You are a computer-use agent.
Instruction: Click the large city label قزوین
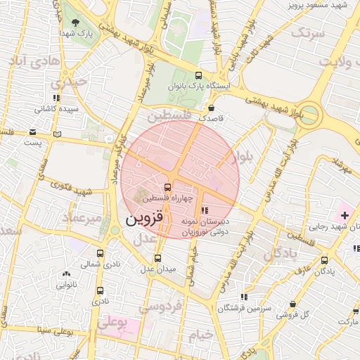point(145,219)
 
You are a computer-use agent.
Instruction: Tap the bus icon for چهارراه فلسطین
point(167,187)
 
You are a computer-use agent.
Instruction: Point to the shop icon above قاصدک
point(212,108)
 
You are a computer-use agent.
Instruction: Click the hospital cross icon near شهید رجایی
point(345,213)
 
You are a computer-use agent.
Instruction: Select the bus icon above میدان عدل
point(157,258)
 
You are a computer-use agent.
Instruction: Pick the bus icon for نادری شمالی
point(100,254)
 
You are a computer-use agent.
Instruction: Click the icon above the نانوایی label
point(66,274)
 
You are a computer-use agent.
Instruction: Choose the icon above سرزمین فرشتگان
point(243,297)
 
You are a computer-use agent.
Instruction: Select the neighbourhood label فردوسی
point(160,306)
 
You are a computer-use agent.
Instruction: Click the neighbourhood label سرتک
point(309,33)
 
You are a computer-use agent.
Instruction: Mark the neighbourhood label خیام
point(200,335)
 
